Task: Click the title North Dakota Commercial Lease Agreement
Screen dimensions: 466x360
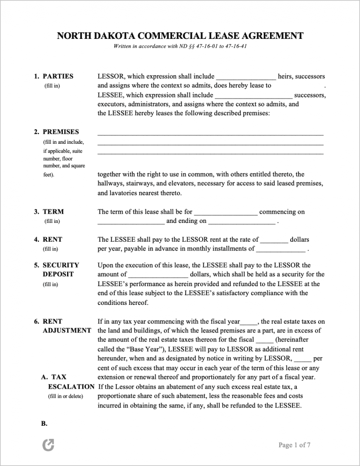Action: tap(180, 36)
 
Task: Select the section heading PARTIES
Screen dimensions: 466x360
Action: tap(58, 76)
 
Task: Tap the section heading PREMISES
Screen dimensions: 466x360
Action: tap(60, 132)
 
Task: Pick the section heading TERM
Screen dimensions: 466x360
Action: tap(53, 212)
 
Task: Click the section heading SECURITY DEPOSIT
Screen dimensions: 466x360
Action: tap(60, 270)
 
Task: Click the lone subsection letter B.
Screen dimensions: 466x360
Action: tap(45, 423)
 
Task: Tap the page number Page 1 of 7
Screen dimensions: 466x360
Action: tap(294, 445)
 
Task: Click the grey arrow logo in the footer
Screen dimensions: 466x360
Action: tap(48, 446)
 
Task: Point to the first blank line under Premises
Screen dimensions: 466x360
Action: tap(210, 134)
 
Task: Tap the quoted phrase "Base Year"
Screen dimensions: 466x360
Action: tap(150, 349)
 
